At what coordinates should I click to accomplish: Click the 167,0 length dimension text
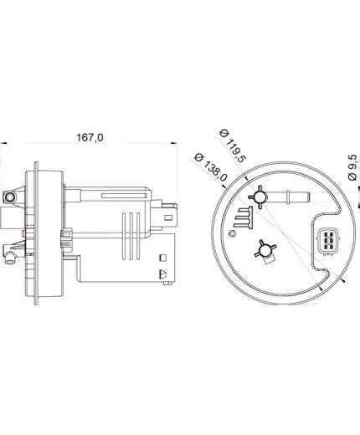90,137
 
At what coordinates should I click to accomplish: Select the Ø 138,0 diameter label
211,167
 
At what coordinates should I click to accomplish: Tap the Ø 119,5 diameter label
233,146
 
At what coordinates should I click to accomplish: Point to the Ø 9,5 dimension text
352,167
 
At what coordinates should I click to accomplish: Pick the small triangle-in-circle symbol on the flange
232,233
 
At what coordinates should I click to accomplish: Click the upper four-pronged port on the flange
260,197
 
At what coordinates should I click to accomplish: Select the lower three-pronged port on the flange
265,249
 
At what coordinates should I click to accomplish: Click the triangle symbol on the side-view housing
162,274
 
